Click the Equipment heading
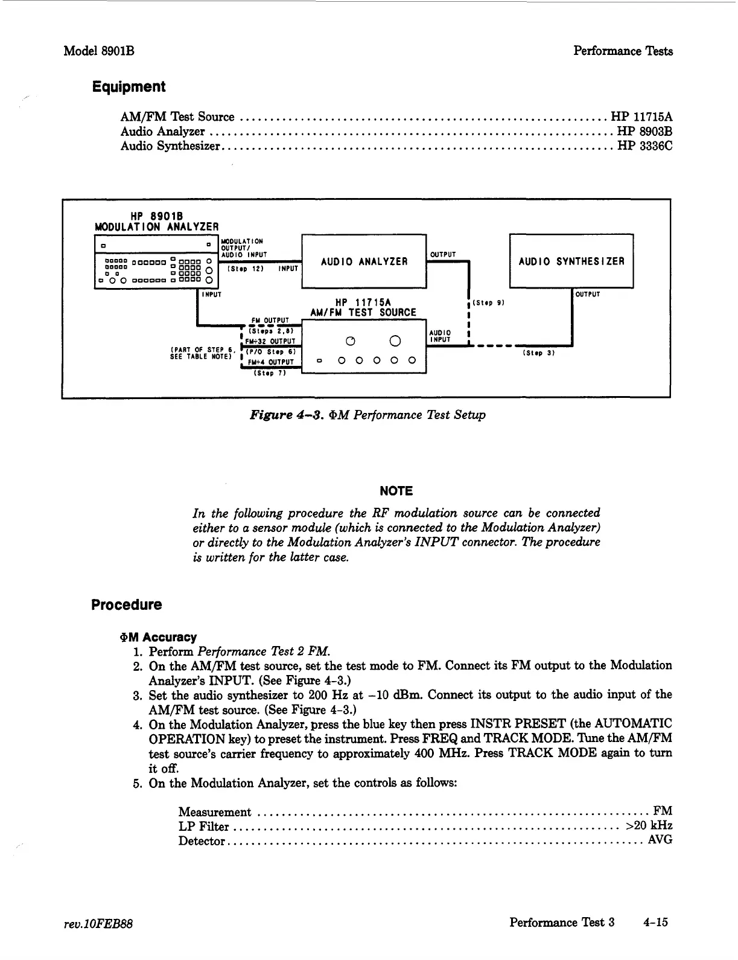129,87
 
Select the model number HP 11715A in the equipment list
641,117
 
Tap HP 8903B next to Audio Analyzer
644,131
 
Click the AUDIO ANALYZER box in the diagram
364,261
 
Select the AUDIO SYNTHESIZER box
571,261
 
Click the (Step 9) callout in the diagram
488,303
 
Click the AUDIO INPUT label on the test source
439,336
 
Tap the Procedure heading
127,605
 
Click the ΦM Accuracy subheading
159,637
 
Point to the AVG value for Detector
660,840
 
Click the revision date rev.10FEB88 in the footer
98,924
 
